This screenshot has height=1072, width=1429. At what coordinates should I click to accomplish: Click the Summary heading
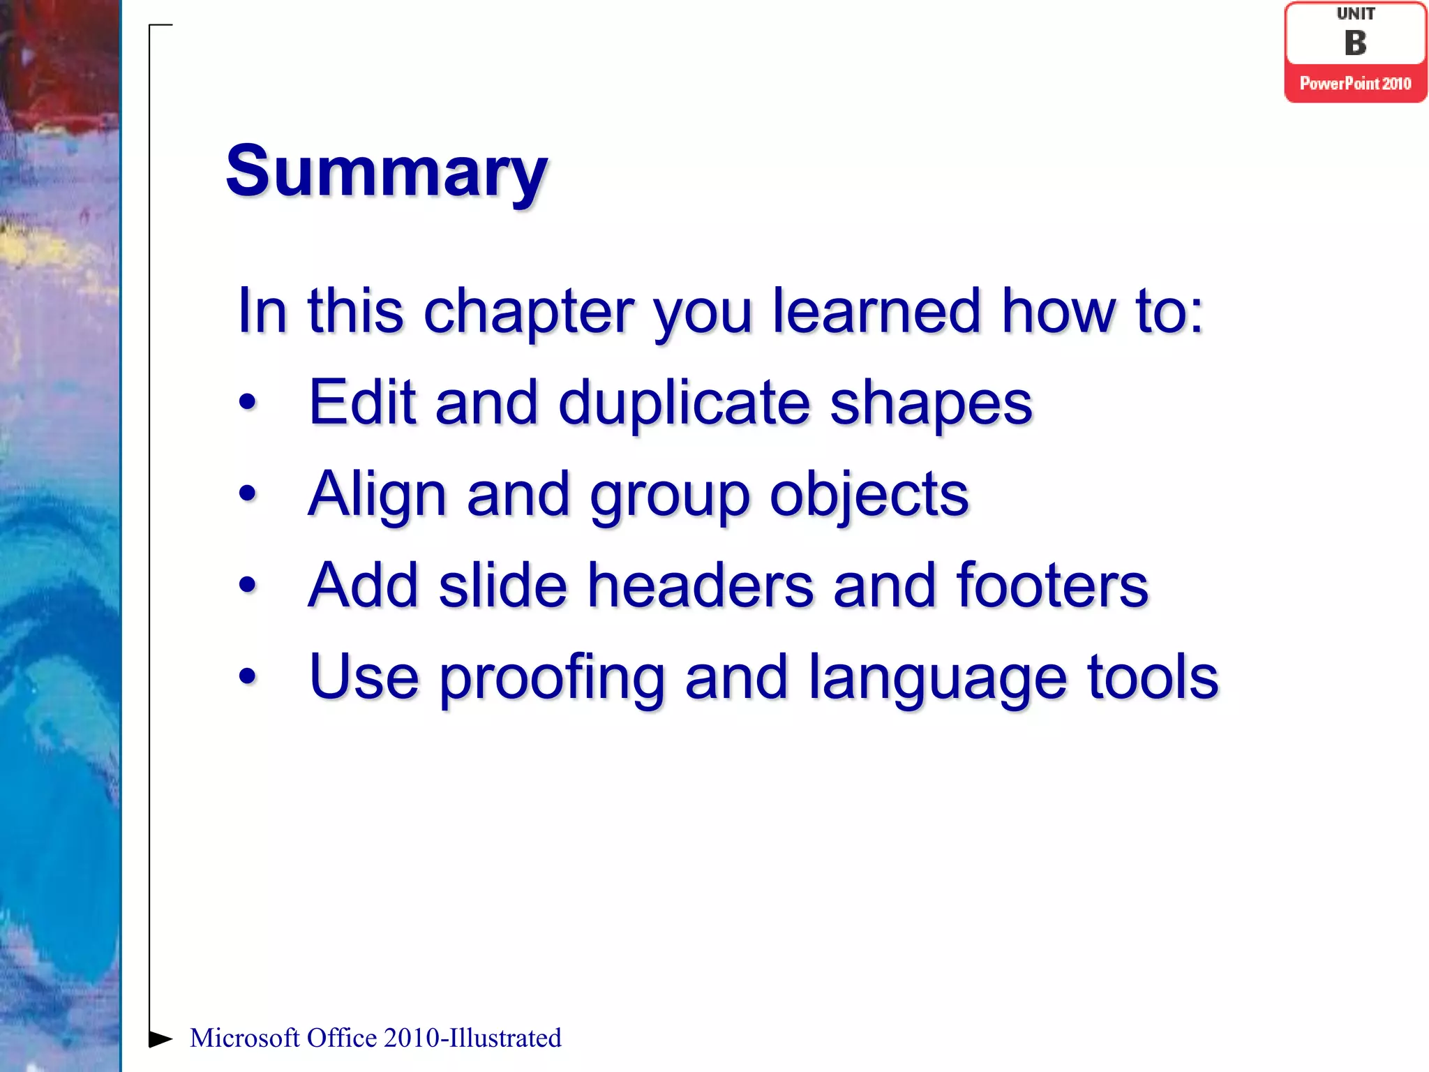(x=386, y=172)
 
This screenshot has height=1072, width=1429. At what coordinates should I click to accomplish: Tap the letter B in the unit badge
(x=1355, y=43)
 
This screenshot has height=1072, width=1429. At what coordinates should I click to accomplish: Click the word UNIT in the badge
(x=1355, y=14)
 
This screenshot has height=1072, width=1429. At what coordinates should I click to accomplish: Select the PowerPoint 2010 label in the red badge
(x=1355, y=84)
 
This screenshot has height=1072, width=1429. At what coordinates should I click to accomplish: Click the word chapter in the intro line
(x=528, y=313)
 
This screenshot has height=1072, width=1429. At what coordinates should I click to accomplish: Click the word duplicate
(x=684, y=403)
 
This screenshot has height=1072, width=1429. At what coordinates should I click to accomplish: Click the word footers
(x=1052, y=586)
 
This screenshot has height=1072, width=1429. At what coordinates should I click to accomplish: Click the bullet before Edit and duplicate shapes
(x=247, y=403)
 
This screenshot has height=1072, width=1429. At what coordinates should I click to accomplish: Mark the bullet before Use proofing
(x=247, y=676)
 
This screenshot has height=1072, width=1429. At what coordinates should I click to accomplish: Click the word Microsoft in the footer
(x=244, y=1038)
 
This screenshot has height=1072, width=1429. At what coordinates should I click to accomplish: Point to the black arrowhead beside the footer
(x=160, y=1038)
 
